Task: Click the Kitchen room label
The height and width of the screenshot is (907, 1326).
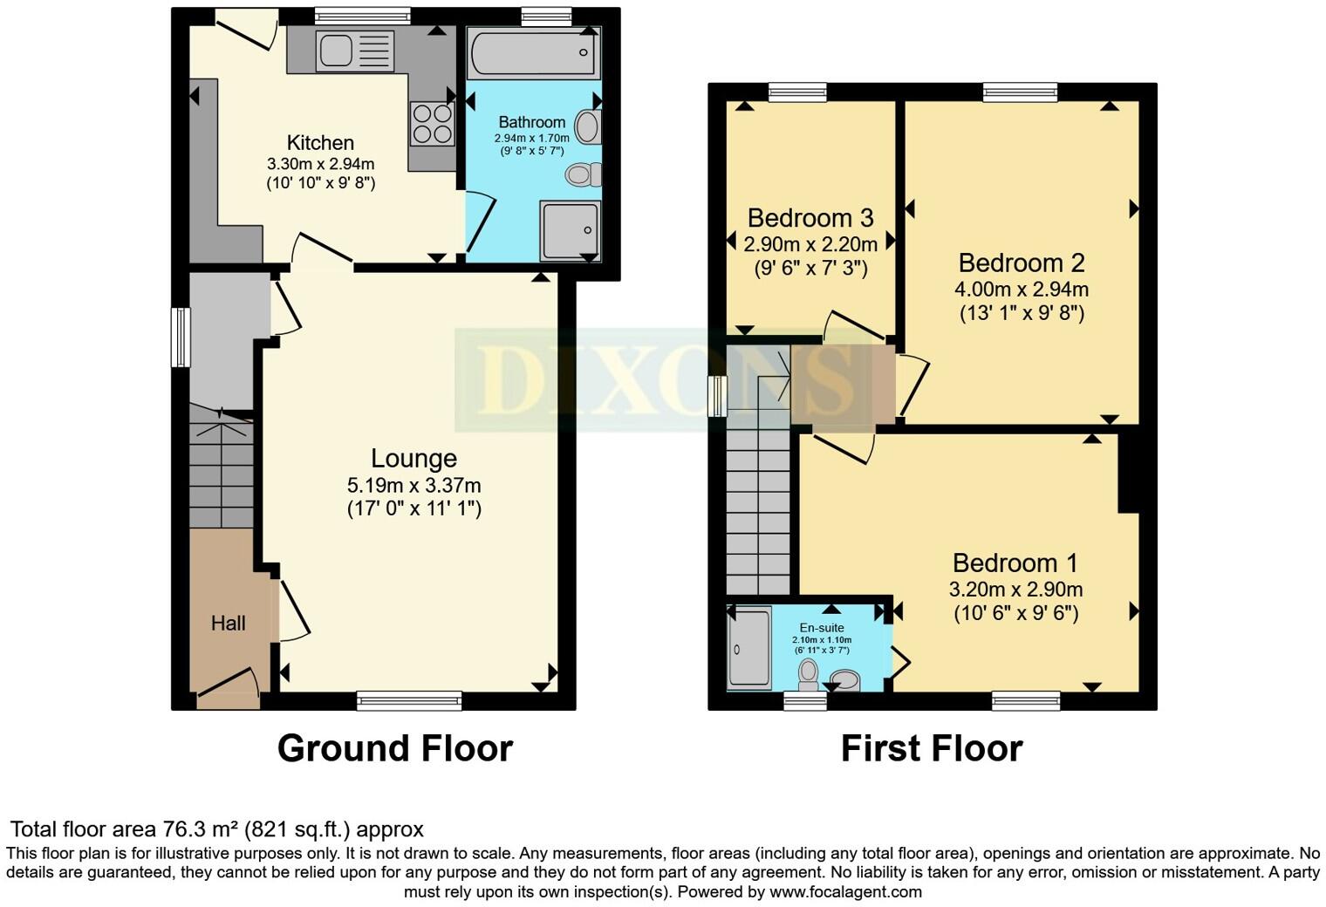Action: [x=320, y=143]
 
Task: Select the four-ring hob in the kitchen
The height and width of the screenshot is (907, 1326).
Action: [x=432, y=123]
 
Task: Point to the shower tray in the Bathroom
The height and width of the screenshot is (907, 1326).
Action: [x=571, y=230]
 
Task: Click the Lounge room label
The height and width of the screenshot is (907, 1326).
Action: [x=414, y=459]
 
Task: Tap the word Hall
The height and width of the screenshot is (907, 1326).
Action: [x=228, y=623]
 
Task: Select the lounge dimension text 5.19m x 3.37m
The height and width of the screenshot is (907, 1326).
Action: [x=414, y=486]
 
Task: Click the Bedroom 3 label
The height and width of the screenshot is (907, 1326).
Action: [x=810, y=218]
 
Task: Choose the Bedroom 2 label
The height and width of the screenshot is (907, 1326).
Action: [x=1022, y=263]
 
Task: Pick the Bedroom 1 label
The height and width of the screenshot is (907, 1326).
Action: [x=1015, y=563]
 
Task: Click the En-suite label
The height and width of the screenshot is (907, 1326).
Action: [x=822, y=628]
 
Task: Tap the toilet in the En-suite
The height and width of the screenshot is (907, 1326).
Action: [x=809, y=673]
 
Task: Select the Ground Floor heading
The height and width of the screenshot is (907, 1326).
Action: [x=394, y=748]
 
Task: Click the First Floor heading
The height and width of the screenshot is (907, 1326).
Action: [x=931, y=748]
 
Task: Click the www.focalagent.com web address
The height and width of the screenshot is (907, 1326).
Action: [x=845, y=891]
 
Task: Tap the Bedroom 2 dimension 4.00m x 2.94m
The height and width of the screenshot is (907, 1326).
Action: [x=1022, y=289]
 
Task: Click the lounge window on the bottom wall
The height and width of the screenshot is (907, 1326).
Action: [x=409, y=699]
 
